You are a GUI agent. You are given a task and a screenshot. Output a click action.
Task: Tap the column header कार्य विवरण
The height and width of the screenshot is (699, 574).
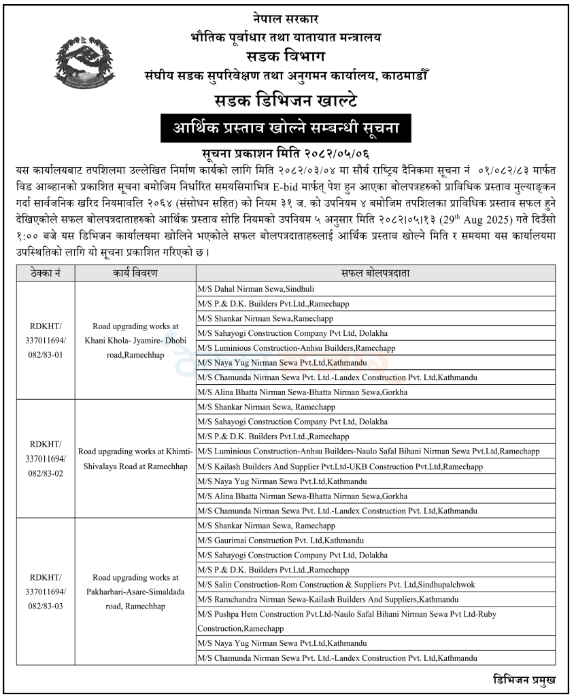pos(135,274)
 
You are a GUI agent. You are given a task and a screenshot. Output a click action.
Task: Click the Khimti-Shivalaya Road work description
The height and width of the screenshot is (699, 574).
pos(135,458)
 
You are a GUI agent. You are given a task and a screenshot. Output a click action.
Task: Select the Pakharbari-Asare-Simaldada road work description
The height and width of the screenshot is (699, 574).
pos(135,592)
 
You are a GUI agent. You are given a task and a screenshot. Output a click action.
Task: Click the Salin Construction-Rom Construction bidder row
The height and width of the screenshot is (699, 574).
pos(336,584)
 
